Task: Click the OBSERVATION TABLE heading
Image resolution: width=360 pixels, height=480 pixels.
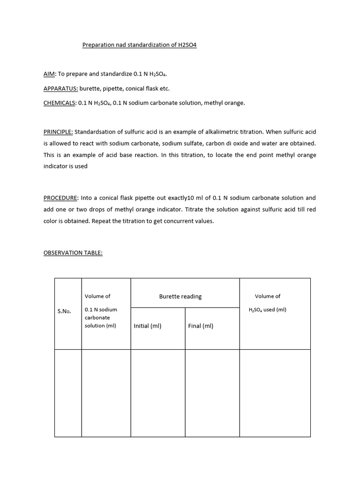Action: (x=73, y=253)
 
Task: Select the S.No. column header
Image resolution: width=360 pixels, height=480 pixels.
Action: (x=64, y=311)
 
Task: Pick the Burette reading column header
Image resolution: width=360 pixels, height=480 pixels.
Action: (x=180, y=296)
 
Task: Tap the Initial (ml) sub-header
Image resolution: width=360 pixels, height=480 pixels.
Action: (x=148, y=326)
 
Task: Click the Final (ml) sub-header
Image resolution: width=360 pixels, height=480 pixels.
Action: (x=201, y=326)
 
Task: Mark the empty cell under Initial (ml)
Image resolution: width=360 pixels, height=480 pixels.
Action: (x=158, y=393)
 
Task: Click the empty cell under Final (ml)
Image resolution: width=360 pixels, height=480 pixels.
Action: (x=212, y=393)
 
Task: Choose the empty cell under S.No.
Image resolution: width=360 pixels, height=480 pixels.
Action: (x=68, y=393)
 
